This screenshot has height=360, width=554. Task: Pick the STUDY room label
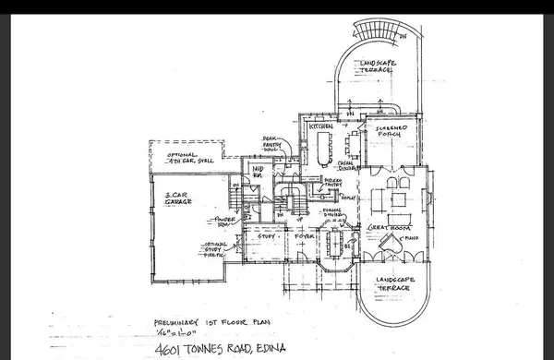[267, 236]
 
